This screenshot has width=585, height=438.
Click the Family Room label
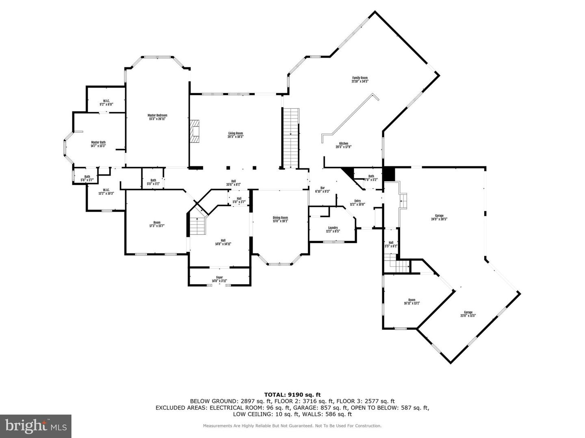[x=360, y=79]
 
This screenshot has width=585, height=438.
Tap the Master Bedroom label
[x=157, y=117]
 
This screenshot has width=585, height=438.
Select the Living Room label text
[x=235, y=135]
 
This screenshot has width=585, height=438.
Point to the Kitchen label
[x=343, y=145]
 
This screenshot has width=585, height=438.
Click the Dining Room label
[x=280, y=219]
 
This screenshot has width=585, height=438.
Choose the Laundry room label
[x=333, y=230]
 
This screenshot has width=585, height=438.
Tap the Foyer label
[x=219, y=279]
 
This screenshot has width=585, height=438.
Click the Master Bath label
[x=98, y=144]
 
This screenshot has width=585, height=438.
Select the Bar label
[x=323, y=189]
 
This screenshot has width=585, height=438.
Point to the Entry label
[x=357, y=202]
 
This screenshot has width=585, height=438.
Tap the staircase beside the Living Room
[x=290, y=138]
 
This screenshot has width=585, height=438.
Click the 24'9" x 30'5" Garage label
[x=439, y=217]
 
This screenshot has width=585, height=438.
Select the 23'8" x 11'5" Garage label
[x=468, y=314]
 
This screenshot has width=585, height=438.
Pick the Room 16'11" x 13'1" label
[x=412, y=301]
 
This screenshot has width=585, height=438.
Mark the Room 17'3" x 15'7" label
[x=157, y=224]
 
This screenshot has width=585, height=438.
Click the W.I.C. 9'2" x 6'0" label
[x=106, y=103]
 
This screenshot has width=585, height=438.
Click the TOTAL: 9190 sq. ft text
[x=292, y=394]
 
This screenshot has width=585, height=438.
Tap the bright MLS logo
[x=36, y=425]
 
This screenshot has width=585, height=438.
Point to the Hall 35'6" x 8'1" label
[x=234, y=182]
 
